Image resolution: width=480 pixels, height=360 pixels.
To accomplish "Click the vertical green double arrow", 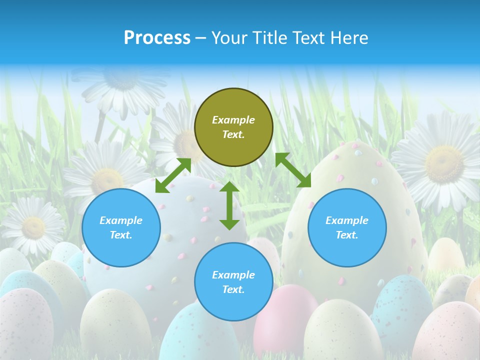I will coord(229,205).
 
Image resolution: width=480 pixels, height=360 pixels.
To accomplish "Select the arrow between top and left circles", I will coord(173,175).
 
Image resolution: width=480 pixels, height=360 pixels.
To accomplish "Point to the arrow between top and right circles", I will coord(293,169).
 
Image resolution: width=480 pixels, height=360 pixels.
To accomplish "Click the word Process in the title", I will coord(157,38).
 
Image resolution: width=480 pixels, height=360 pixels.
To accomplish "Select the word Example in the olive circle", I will coord(233,120).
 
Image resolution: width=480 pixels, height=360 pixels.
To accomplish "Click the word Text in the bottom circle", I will coord(232,289).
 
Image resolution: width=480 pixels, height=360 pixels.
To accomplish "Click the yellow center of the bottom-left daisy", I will coord(33,227).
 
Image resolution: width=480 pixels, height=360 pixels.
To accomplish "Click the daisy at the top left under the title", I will coord(120,85).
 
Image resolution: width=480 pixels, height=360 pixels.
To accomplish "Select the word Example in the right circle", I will coord(347,220).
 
